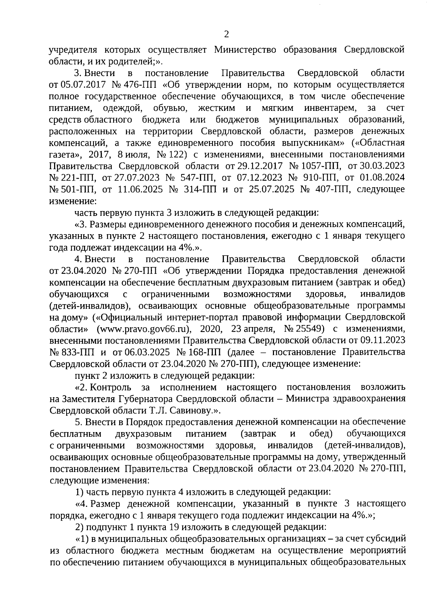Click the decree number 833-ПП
tap(78, 352)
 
